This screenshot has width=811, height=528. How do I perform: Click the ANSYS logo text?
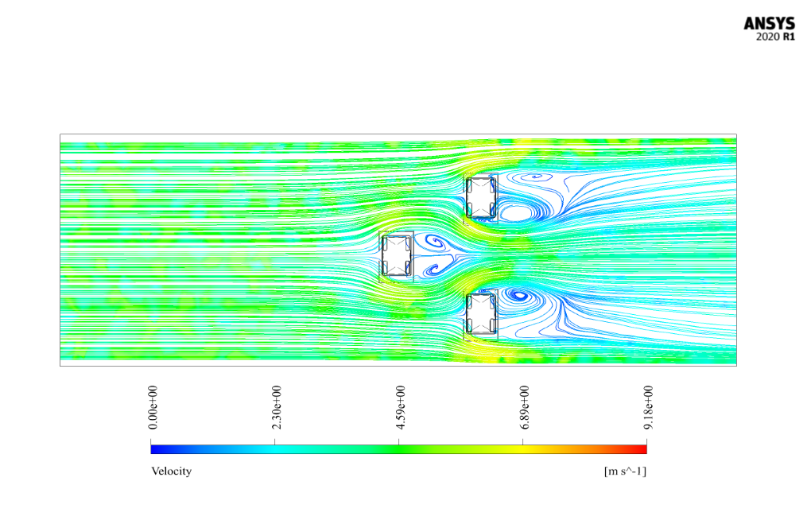[x=769, y=23]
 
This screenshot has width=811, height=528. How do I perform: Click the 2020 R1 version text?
[x=775, y=37]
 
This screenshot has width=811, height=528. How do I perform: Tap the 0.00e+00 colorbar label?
[x=153, y=407]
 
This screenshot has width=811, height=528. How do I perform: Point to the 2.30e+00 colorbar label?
[x=277, y=407]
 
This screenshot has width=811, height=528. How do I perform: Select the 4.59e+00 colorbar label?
[x=400, y=407]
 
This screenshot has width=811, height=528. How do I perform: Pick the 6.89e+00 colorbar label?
[x=525, y=407]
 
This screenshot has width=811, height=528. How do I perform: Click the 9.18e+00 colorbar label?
[x=649, y=407]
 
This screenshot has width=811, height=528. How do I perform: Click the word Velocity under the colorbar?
[x=171, y=471]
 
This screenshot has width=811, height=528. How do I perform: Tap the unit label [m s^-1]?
[x=625, y=471]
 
